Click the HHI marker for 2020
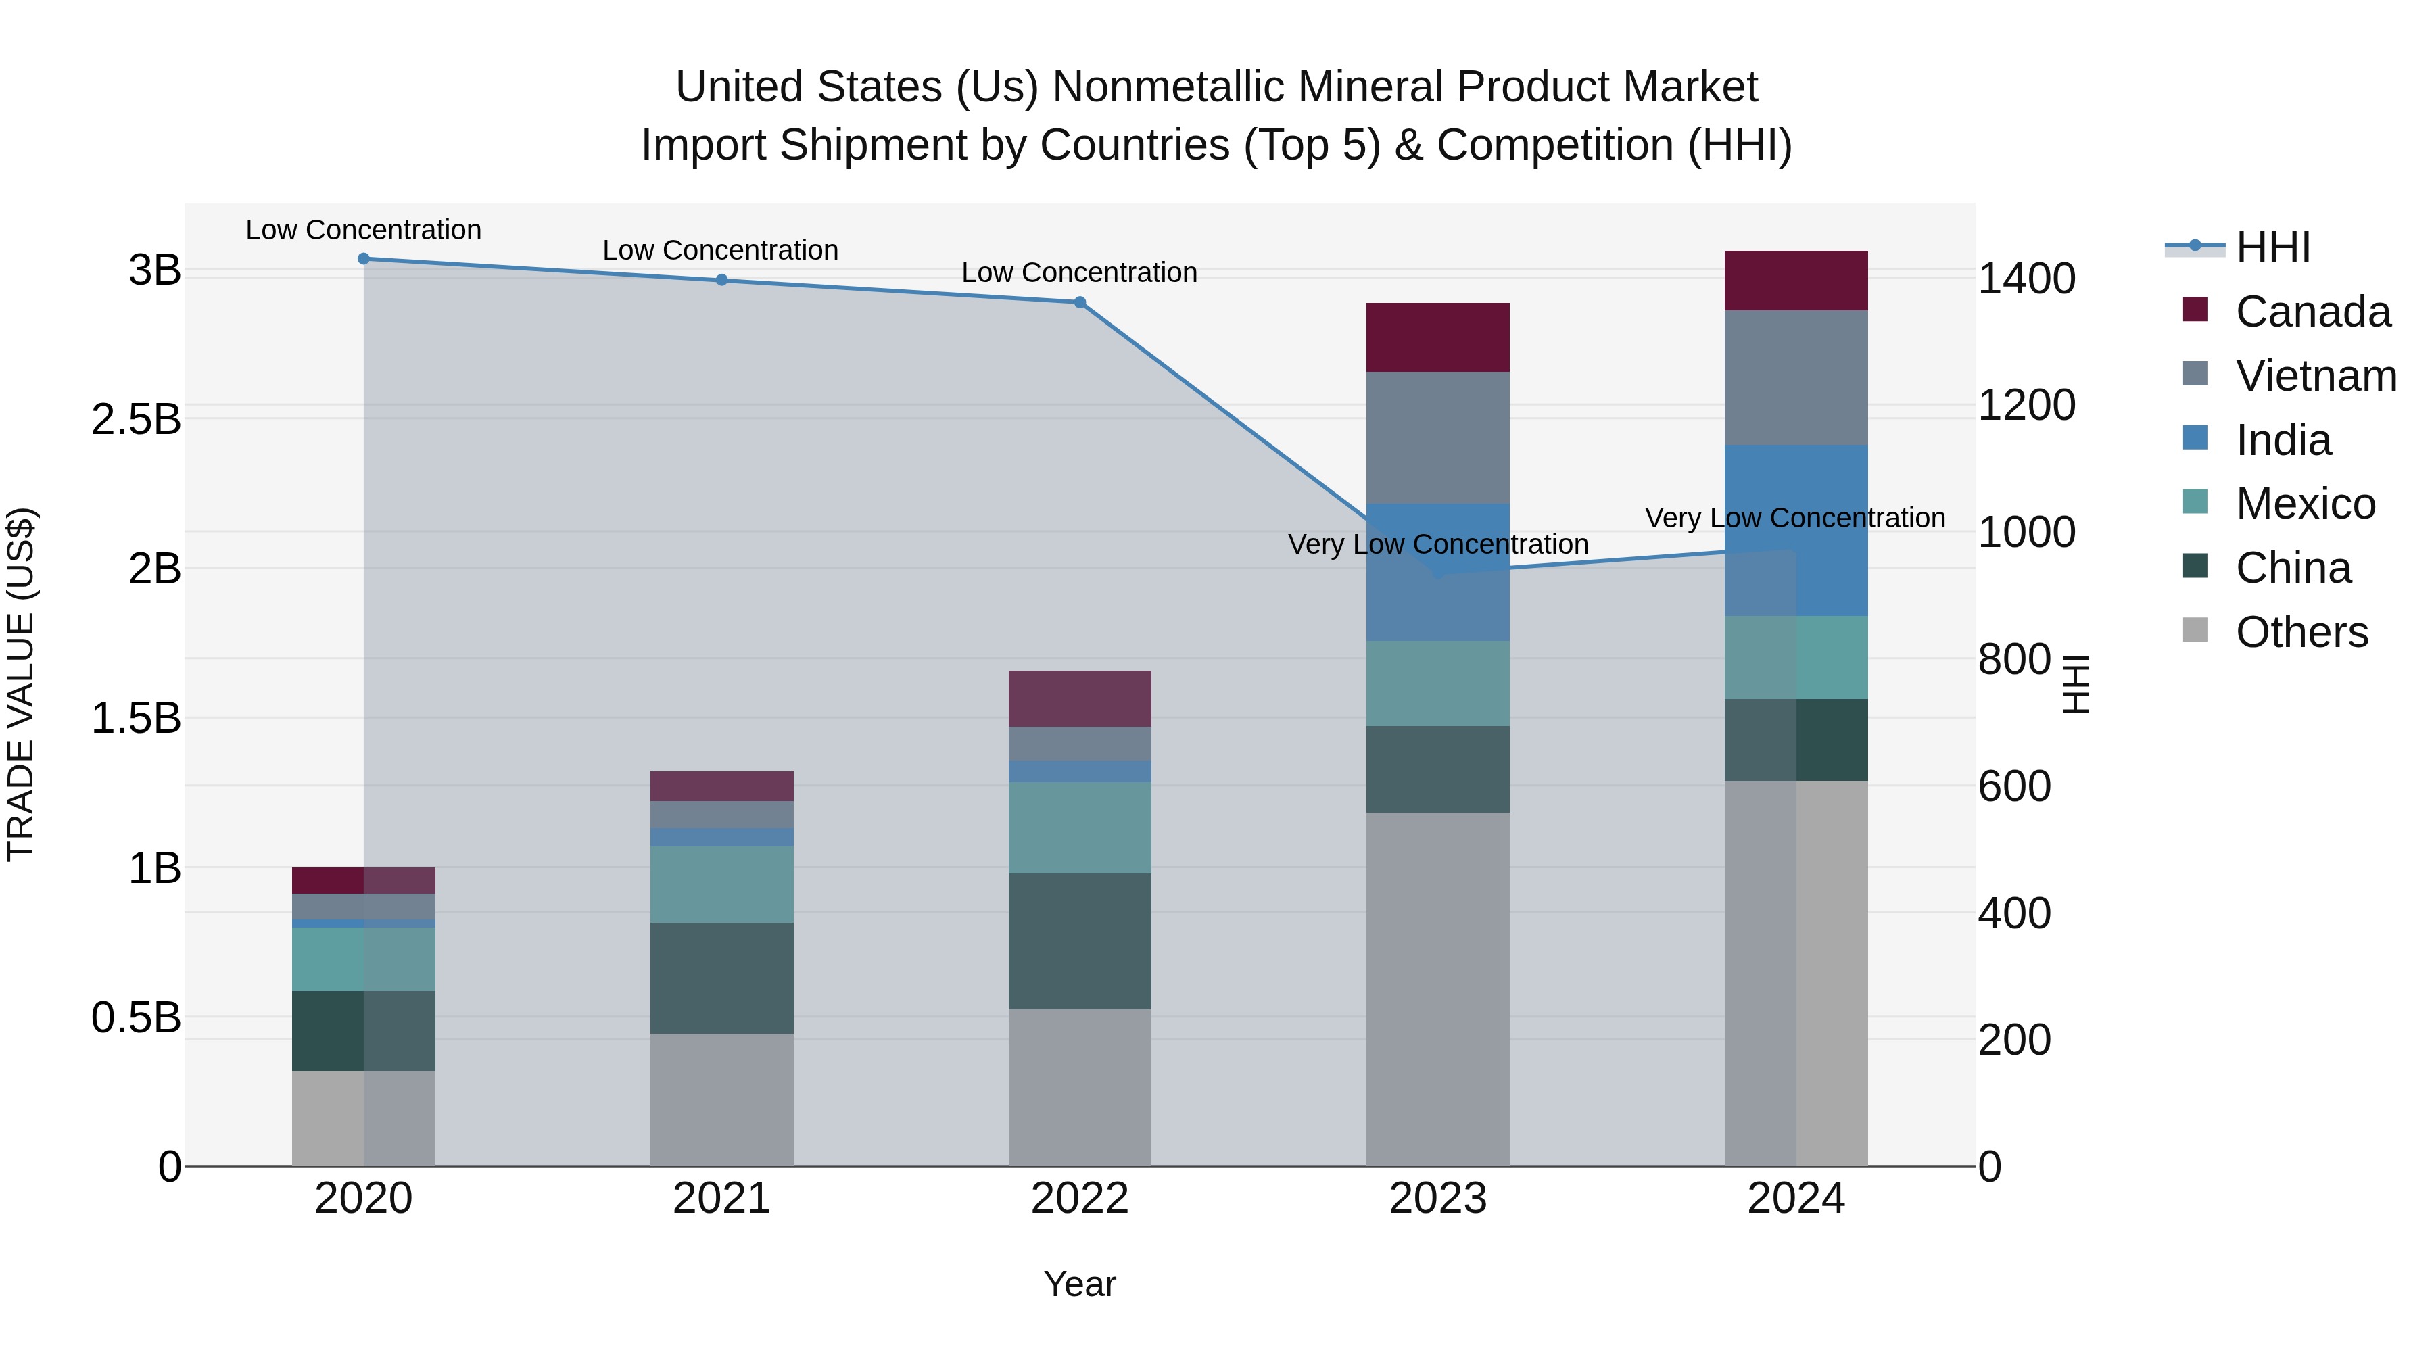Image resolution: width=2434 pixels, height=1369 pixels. point(364,259)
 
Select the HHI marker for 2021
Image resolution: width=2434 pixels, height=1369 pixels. point(722,280)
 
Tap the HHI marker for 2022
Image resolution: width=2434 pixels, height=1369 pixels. point(1080,302)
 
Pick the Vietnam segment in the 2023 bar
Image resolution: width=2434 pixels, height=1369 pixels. point(1437,437)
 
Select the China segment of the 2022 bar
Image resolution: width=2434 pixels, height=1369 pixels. point(1080,941)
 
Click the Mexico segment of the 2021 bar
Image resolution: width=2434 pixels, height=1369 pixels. point(722,884)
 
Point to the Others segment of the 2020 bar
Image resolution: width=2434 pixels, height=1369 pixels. point(364,1118)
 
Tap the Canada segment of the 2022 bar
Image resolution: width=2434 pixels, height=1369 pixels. point(1080,698)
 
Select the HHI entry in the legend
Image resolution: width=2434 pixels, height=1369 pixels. point(2272,247)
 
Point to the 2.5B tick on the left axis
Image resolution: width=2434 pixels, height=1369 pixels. point(136,419)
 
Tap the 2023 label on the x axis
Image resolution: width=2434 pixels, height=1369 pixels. point(1437,1199)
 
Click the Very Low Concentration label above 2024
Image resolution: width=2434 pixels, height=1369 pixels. point(1794,518)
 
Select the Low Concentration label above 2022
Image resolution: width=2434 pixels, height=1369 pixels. point(1079,273)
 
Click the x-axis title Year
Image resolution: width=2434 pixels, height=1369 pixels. point(1079,1284)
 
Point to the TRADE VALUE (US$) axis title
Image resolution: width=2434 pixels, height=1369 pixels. point(21,684)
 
